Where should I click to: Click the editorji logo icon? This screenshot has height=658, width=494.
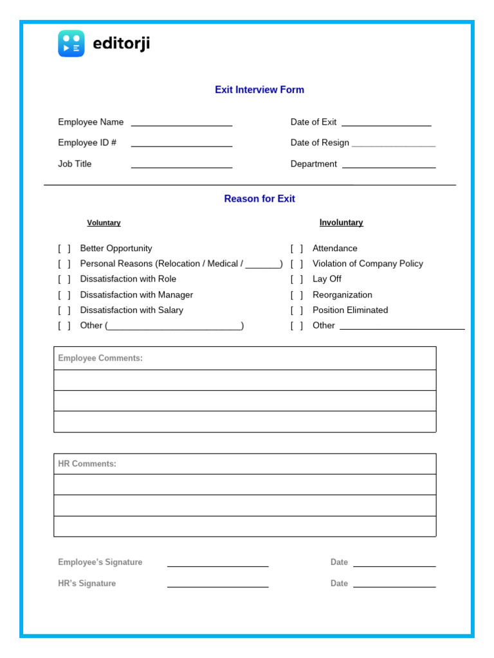click(71, 44)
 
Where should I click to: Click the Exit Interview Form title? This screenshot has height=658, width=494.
click(259, 90)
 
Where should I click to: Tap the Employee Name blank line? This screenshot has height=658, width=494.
click(181, 125)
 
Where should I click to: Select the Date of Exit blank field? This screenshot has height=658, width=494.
click(386, 125)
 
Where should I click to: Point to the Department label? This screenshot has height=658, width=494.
click(313, 164)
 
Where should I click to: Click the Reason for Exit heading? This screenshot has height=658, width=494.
click(259, 199)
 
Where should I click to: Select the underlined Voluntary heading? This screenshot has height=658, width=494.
click(104, 223)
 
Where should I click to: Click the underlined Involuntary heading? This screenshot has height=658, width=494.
click(341, 223)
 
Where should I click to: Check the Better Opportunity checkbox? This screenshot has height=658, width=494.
click(64, 249)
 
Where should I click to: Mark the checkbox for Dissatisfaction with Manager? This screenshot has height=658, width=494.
click(64, 295)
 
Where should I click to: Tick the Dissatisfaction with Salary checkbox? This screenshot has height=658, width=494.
click(64, 310)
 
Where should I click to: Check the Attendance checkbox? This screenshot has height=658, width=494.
click(297, 249)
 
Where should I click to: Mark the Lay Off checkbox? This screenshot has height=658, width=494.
click(297, 280)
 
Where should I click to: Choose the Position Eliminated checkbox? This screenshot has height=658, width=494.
click(297, 310)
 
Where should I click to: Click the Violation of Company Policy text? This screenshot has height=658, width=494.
click(367, 263)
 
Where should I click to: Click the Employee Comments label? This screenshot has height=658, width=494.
click(100, 359)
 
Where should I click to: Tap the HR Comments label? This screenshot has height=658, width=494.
click(87, 464)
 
